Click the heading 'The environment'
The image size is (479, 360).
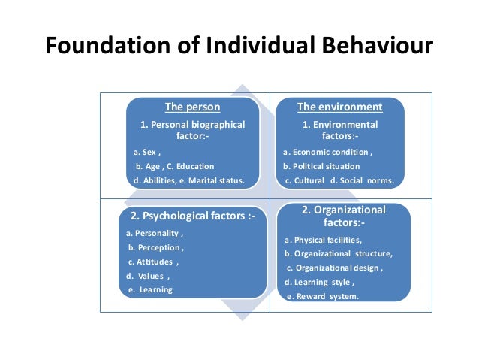point(339,107)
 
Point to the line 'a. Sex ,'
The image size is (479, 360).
point(146,152)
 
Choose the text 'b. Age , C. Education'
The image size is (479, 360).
point(174,166)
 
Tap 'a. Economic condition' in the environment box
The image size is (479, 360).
point(327,152)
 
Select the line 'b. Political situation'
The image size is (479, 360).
point(321,166)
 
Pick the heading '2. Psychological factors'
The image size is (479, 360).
point(193,216)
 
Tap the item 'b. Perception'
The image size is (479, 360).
point(156,247)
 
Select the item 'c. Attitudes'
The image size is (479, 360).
point(153,262)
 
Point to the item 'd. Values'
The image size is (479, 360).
point(148,276)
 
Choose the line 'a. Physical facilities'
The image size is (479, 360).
point(323,240)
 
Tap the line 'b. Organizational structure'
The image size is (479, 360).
point(339,253)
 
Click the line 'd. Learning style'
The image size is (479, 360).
point(319,282)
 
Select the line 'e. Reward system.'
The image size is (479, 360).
point(322,296)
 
